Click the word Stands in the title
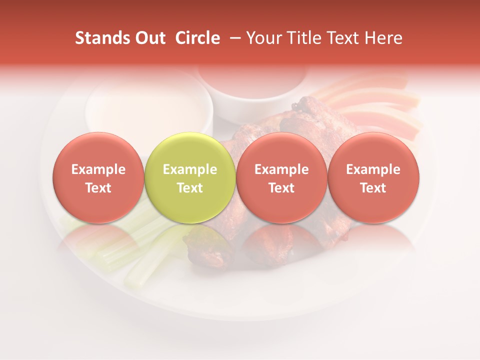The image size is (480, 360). [100, 38]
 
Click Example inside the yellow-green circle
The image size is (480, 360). [190, 169]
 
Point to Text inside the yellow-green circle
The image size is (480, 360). [190, 188]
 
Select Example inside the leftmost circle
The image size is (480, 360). [98, 169]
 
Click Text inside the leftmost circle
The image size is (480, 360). [98, 188]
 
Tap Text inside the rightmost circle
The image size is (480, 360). [373, 188]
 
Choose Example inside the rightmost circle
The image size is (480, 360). [373, 169]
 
